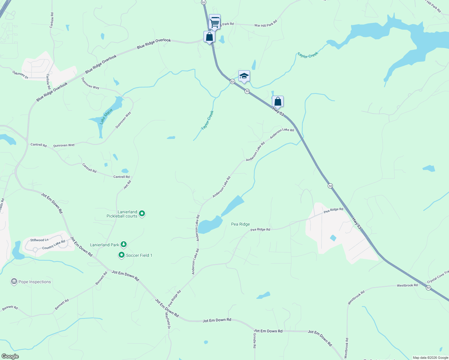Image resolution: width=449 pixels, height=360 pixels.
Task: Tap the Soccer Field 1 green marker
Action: pyautogui.click(x=121, y=255)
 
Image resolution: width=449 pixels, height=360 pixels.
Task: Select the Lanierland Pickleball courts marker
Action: pyautogui.click(x=142, y=214)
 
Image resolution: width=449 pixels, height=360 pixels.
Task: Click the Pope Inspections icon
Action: pyautogui.click(x=14, y=281)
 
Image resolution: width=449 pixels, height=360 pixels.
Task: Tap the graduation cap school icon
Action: pyautogui.click(x=244, y=76)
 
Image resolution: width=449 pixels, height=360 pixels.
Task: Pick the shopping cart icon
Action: pyautogui.click(x=215, y=22)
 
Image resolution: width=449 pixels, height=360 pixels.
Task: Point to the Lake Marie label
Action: pyautogui.click(x=106, y=116)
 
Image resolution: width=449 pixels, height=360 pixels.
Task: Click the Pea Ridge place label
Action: pyautogui.click(x=240, y=224)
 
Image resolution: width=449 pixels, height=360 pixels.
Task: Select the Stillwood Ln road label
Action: pyautogui.click(x=39, y=240)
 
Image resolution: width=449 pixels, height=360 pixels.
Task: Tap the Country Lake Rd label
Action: pyautogui.click(x=54, y=245)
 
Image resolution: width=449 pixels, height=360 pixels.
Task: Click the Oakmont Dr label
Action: pyautogui.click(x=20, y=75)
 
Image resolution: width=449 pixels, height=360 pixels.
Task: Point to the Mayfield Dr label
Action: pyautogui.click(x=167, y=320)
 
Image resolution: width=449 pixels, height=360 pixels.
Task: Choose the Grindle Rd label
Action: pyautogui.click(x=255, y=340)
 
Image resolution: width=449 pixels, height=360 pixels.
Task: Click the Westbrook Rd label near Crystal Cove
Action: pyautogui.click(x=407, y=285)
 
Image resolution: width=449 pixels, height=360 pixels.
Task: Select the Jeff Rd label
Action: pyautogui.click(x=127, y=184)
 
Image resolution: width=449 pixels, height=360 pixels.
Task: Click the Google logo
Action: pyautogui.click(x=10, y=356)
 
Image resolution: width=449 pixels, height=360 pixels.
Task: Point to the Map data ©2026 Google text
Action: pyautogui.click(x=430, y=358)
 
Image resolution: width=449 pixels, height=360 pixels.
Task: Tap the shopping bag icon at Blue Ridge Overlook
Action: pyautogui.click(x=209, y=37)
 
